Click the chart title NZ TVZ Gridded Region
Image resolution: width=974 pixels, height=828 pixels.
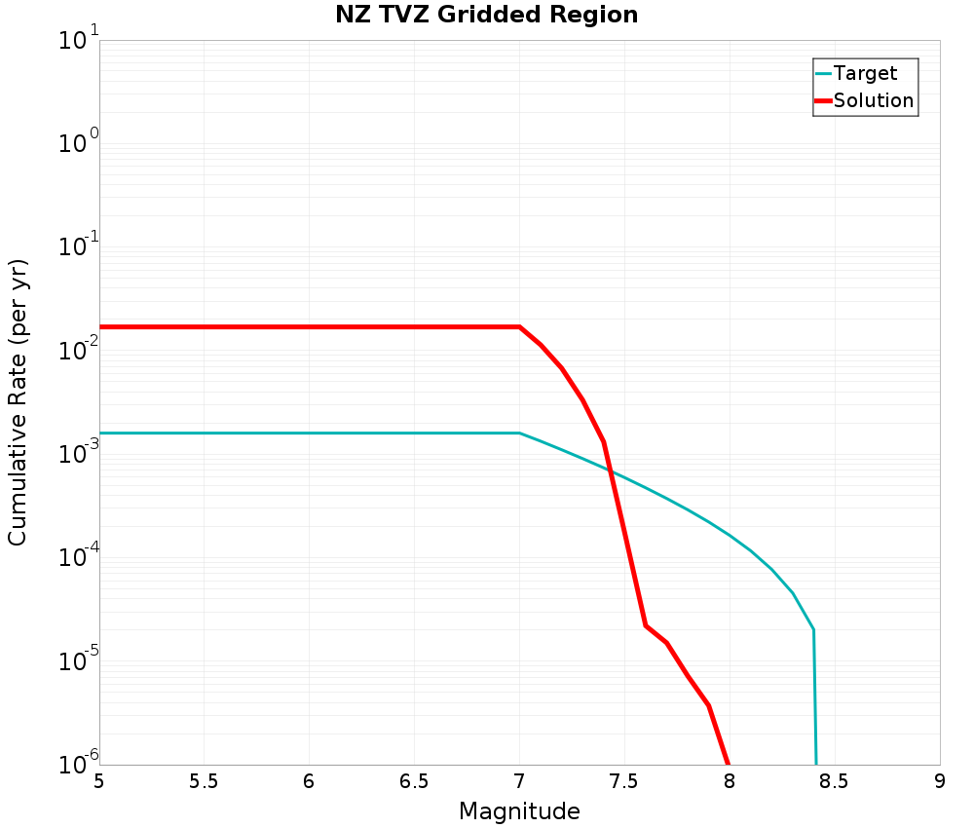(486, 16)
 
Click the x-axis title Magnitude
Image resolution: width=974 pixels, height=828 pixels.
(519, 811)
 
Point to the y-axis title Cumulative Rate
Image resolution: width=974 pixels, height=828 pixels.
(18, 402)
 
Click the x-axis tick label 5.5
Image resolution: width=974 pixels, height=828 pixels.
(204, 781)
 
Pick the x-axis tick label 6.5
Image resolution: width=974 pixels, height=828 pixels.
(414, 781)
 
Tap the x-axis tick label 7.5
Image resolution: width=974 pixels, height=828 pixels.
(624, 781)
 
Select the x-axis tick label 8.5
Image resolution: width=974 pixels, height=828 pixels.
(835, 781)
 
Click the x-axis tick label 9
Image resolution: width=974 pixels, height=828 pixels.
(940, 781)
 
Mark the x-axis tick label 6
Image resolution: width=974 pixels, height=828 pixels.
(309, 781)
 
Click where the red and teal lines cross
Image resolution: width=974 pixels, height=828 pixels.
(610, 470)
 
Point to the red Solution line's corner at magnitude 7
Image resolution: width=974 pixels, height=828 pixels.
(519, 326)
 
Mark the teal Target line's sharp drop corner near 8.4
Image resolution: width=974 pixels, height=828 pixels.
(813, 630)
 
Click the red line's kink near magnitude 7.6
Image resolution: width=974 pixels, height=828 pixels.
(645, 625)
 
